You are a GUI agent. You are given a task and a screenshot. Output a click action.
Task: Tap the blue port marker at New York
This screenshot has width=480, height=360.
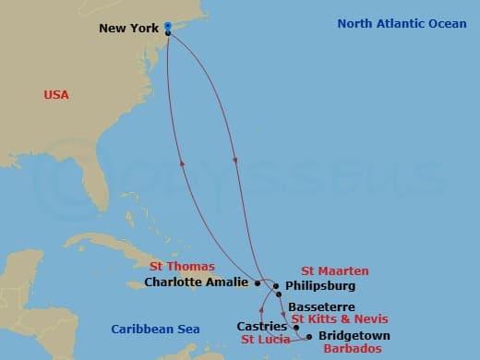tap(167, 27)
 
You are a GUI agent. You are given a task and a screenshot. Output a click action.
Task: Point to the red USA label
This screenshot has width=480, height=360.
tap(56, 94)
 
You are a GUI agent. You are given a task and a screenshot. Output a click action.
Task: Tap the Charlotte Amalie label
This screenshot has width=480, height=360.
tap(197, 282)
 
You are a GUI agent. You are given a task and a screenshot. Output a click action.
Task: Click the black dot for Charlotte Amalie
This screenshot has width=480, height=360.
tap(258, 283)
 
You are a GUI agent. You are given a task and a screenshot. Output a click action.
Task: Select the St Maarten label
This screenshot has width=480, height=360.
tap(335, 271)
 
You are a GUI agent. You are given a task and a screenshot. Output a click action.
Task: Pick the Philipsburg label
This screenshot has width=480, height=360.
tap(316, 286)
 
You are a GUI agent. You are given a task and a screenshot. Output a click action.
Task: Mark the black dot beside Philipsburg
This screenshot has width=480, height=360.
tap(276, 286)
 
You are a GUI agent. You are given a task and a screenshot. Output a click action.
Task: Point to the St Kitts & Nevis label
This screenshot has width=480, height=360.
tap(333, 318)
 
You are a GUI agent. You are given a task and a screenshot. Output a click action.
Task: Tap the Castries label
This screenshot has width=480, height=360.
tap(256, 326)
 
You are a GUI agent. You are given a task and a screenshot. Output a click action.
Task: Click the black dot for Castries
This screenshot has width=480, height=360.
tap(295, 327)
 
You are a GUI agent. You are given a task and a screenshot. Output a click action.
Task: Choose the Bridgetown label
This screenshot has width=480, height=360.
tap(354, 335)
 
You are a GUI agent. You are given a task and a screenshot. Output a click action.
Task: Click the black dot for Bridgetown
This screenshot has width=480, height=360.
tap(308, 337)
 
